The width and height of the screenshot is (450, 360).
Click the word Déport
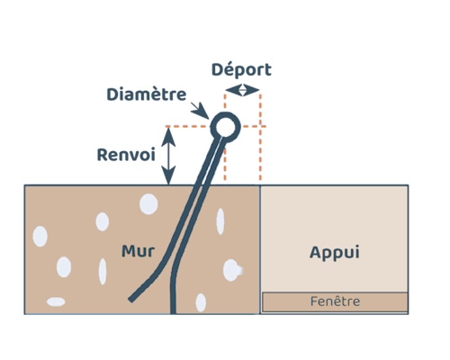point(241,70)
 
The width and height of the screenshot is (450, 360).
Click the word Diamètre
point(147,94)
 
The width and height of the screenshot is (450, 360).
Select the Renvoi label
point(126,155)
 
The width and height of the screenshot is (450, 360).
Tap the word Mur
point(139,251)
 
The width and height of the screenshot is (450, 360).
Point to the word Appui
point(335,253)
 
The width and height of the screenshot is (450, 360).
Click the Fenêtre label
point(335,301)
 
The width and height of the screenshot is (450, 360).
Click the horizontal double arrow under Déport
point(242,90)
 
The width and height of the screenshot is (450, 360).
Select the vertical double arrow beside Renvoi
point(168,156)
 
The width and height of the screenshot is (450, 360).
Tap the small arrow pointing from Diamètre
point(200,111)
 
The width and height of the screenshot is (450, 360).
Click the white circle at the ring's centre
point(225,127)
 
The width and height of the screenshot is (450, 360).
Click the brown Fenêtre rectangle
point(335,302)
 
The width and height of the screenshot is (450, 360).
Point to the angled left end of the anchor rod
point(131,300)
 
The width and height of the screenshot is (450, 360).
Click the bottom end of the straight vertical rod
point(173,313)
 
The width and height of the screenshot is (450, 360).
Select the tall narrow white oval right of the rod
point(220,221)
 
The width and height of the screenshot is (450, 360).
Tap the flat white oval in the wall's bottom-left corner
point(56,301)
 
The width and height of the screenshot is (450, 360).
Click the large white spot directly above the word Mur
point(148,204)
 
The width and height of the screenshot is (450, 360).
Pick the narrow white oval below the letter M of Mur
point(103,272)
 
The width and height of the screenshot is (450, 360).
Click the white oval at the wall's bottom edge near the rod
point(201,302)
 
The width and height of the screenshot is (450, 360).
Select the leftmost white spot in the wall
point(40,237)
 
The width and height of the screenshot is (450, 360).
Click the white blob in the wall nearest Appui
point(231,270)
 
